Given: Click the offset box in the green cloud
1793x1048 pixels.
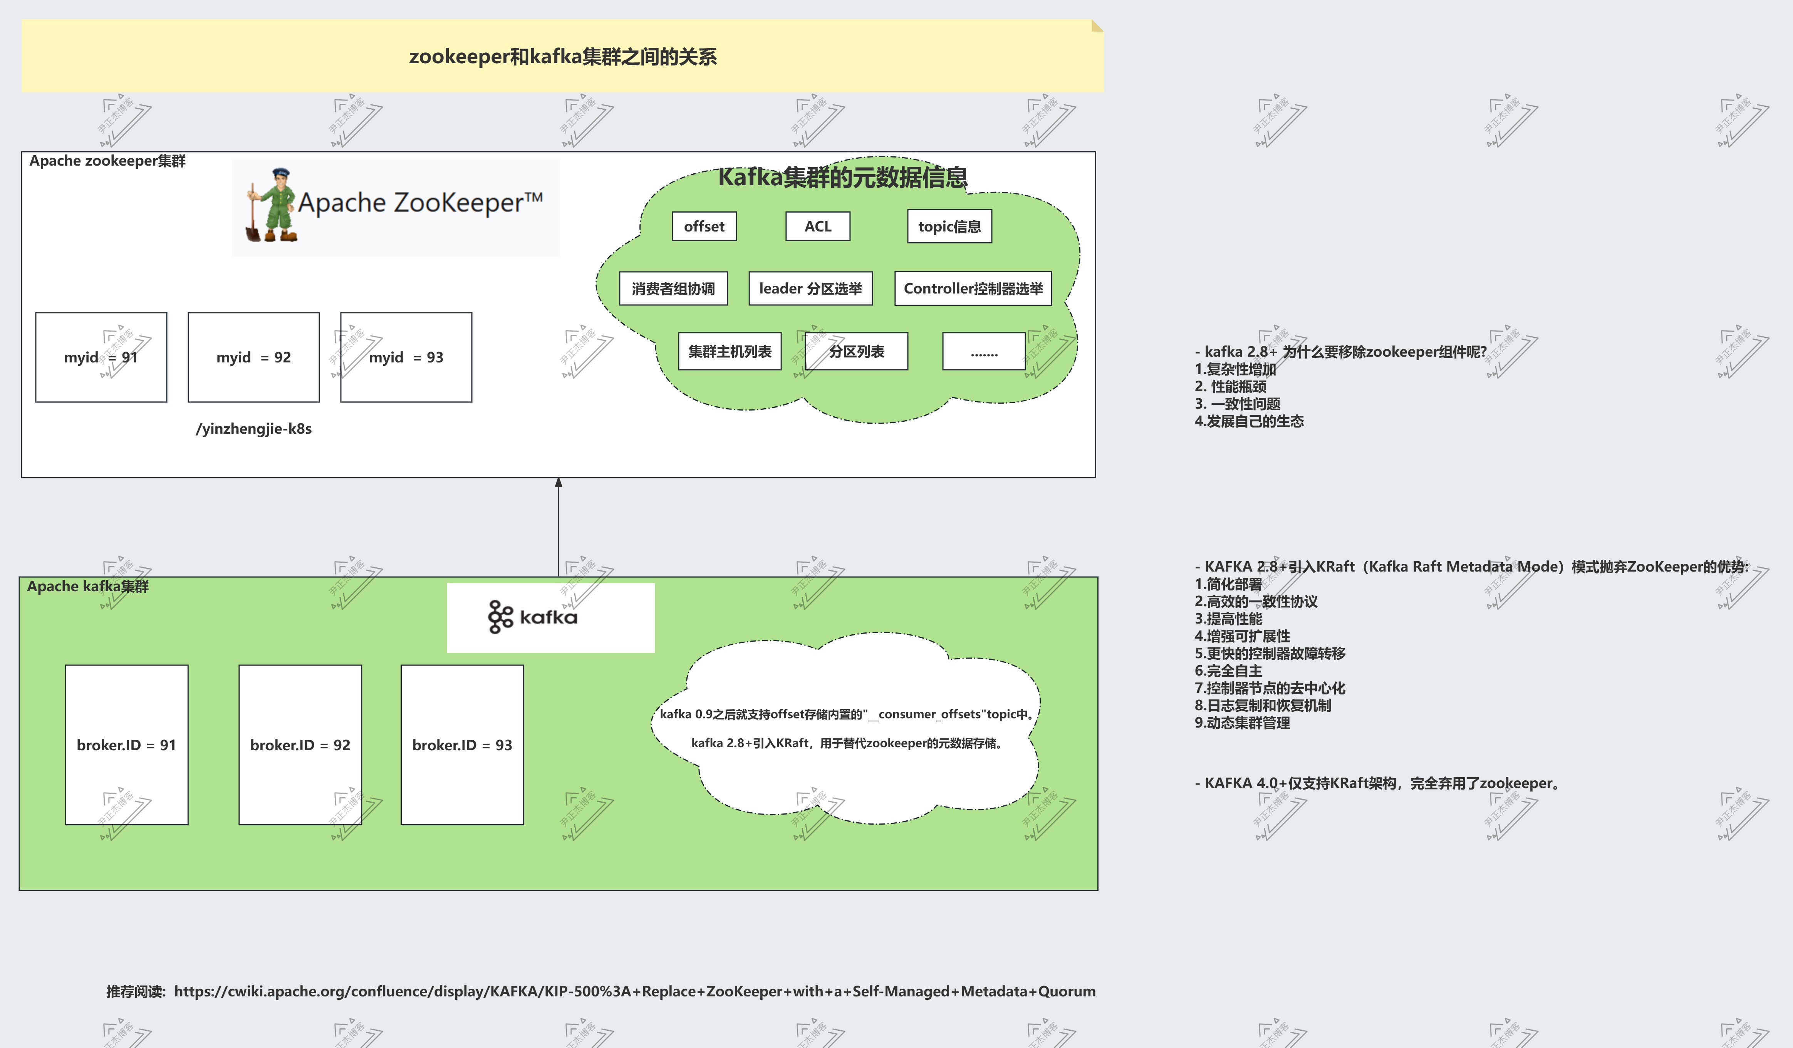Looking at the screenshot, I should point(704,226).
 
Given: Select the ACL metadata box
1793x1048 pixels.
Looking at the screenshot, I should point(817,226).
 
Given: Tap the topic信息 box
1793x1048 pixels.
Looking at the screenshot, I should point(949,226).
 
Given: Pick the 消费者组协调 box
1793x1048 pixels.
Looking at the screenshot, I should point(673,288).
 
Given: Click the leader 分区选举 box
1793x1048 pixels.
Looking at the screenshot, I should point(810,288).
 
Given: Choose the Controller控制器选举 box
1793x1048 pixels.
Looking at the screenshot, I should point(973,288).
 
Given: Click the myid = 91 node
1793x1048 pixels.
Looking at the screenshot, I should point(101,357).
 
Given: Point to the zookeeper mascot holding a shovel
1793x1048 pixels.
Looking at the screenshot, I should point(271,205).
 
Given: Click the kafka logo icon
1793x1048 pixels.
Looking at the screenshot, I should point(500,617).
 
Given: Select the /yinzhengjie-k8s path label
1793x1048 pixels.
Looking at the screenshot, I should point(253,428).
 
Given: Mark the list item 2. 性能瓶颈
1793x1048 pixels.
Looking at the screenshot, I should point(1230,386).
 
